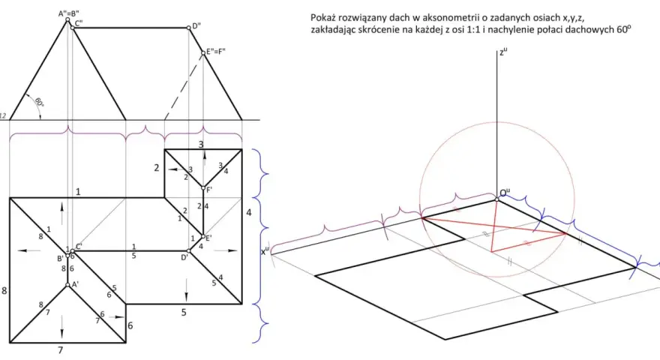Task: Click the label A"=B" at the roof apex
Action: coord(68,13)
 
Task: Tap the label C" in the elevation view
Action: coord(79,23)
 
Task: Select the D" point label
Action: coord(196,26)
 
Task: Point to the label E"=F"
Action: coord(215,52)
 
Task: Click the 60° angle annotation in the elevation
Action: coord(38,102)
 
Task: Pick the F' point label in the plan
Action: coord(208,190)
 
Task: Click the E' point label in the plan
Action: coord(208,238)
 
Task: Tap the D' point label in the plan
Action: coord(184,257)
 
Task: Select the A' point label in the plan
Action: coord(75,285)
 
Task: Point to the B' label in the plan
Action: coord(60,259)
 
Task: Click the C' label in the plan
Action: coord(79,246)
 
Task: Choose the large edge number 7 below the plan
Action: coord(61,350)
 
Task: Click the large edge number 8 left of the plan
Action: coord(4,290)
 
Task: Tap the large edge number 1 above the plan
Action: coord(78,192)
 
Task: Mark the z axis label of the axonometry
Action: coord(503,52)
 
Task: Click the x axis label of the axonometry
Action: coord(265,251)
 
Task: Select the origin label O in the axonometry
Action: coord(505,193)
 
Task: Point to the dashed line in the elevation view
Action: coord(184,86)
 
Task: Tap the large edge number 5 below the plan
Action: coord(184,313)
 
